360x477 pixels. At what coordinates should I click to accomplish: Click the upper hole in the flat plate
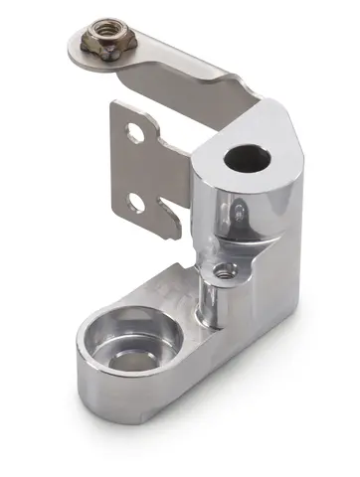pyautogui.click(x=135, y=132)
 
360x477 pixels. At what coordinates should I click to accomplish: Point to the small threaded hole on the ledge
pyautogui.click(x=225, y=270)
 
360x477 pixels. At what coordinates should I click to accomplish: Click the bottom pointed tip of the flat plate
pyautogui.click(x=175, y=233)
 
